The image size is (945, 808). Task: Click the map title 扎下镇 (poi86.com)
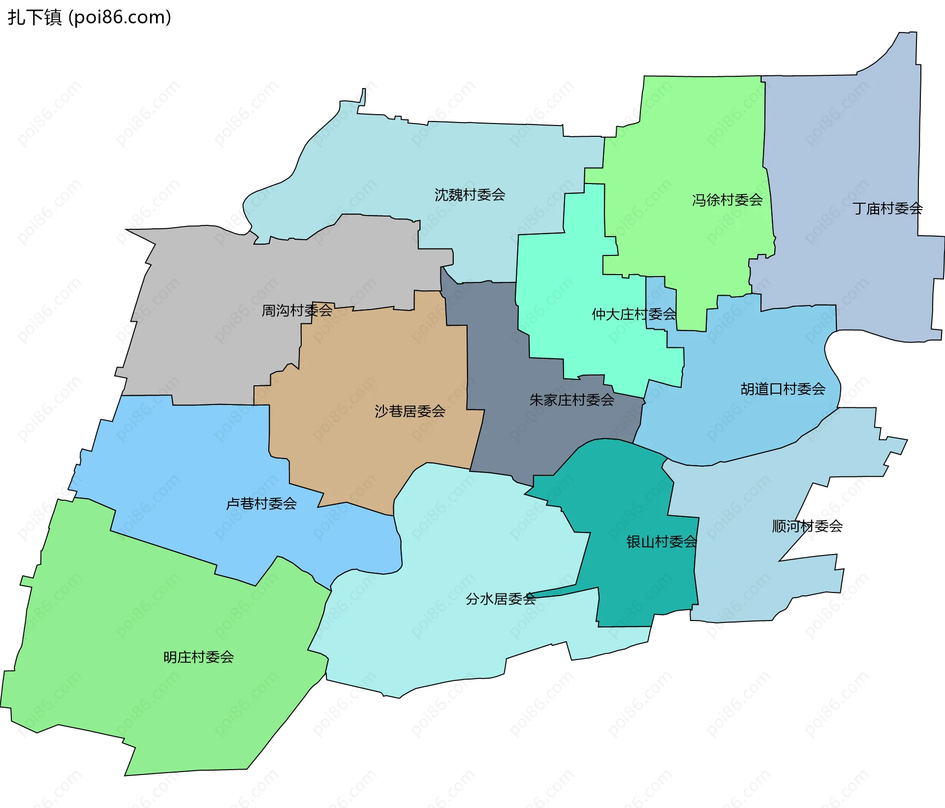(89, 18)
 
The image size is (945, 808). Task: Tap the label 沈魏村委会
(470, 195)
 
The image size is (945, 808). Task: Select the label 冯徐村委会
(727, 200)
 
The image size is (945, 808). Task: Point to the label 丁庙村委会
(887, 209)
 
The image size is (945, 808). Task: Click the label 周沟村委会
(297, 311)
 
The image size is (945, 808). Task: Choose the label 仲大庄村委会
(633, 314)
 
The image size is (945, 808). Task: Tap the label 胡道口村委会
(783, 389)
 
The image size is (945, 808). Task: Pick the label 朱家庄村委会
(571, 400)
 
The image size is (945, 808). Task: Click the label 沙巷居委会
(409, 411)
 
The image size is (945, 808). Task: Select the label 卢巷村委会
(261, 503)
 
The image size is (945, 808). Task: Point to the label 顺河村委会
(807, 527)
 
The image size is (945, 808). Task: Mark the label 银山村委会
(661, 542)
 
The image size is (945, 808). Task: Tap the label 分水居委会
(501, 599)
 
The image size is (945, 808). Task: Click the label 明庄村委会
(198, 657)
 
